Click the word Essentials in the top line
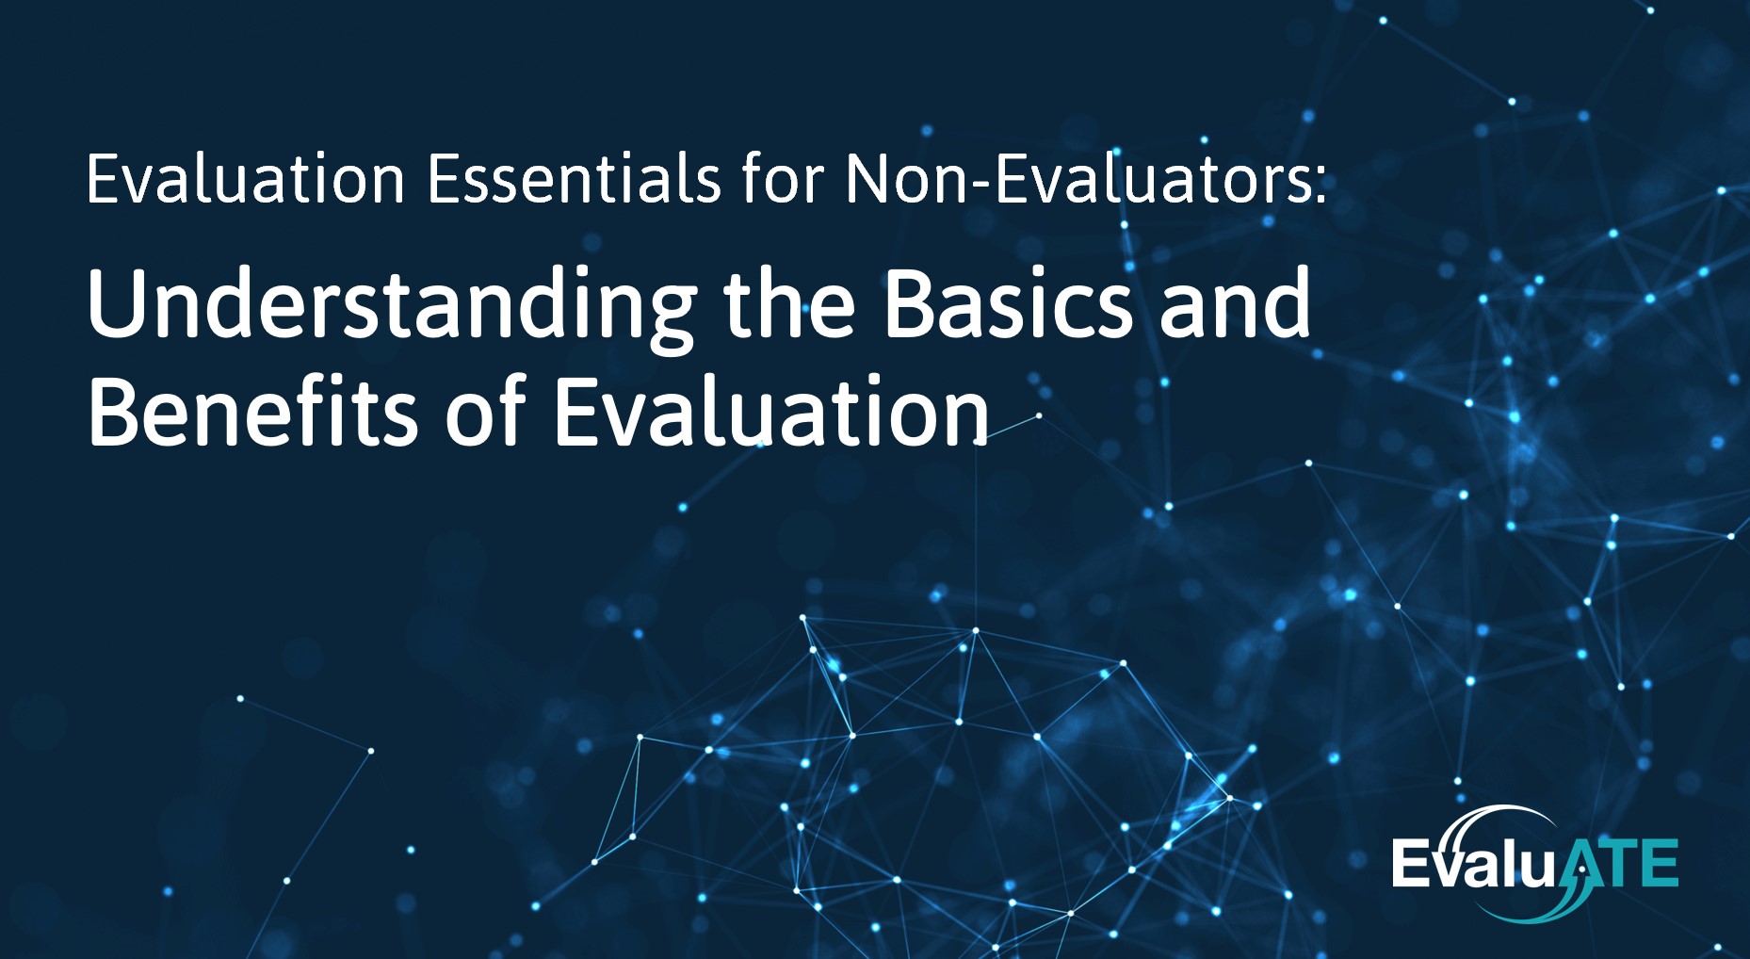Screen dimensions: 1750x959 point(575,177)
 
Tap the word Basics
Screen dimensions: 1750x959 point(1008,302)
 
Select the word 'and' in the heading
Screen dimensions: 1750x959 point(1235,302)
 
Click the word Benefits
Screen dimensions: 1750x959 point(252,411)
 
